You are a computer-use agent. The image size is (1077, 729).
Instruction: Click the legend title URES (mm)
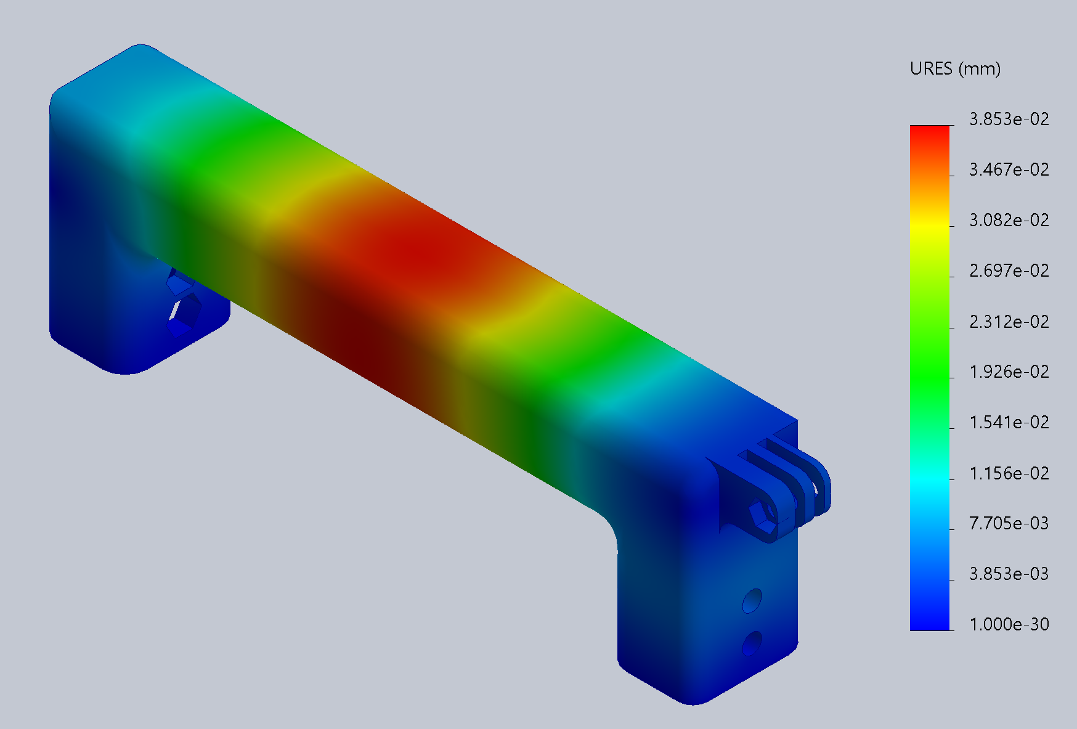tap(955, 68)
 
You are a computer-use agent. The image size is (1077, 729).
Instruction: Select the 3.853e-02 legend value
tap(1009, 119)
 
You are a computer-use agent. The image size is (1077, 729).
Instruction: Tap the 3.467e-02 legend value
tap(1009, 169)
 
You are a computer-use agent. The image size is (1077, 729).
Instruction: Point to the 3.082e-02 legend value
tap(1009, 220)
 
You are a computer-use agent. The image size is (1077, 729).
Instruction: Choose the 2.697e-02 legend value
tap(1009, 271)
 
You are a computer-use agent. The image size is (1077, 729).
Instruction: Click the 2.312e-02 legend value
tap(1009, 321)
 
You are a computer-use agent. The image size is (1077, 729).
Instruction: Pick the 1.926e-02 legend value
tap(1009, 372)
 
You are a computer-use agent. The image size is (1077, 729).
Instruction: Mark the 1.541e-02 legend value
tap(1009, 422)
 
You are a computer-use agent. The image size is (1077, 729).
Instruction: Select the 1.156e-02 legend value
tap(1009, 473)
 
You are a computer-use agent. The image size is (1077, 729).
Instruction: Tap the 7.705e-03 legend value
tap(1009, 523)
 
